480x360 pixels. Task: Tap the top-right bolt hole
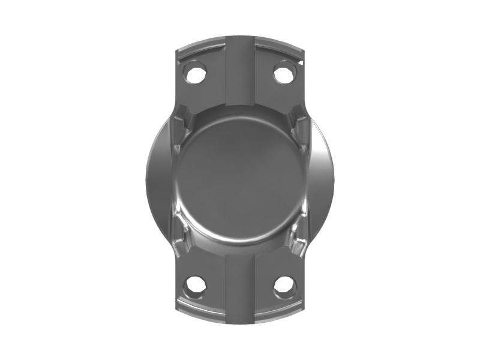pos(283,73)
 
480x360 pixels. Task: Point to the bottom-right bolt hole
pos(283,285)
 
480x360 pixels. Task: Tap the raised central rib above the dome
pos(240,72)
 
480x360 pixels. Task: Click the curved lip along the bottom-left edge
pos(201,311)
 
